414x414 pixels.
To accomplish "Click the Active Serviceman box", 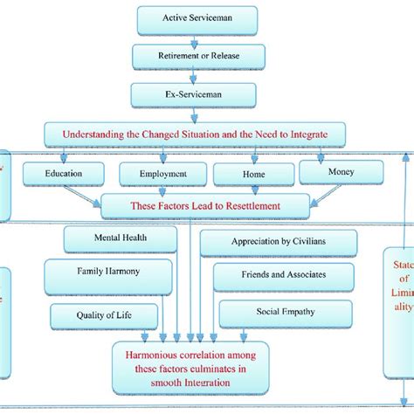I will pyautogui.click(x=197, y=17).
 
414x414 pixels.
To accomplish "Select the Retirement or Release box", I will pyautogui.click(x=197, y=56).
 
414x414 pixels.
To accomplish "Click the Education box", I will pyautogui.click(x=64, y=174).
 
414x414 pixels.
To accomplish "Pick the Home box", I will pyautogui.click(x=252, y=174).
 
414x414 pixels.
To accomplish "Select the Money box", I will pyautogui.click(x=341, y=171).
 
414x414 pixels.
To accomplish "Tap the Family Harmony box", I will pyautogui.click(x=107, y=272).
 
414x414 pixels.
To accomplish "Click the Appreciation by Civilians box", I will pyautogui.click(x=279, y=242).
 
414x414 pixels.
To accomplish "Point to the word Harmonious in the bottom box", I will pyautogui.click(x=155, y=355).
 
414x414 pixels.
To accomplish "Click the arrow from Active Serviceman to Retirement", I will pyautogui.click(x=197, y=37).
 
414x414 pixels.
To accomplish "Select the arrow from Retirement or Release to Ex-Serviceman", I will pyautogui.click(x=197, y=75).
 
